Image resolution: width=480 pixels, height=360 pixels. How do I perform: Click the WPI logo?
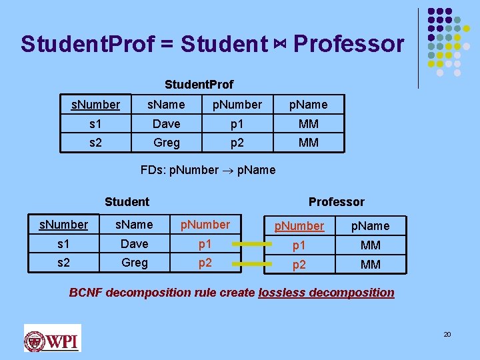pyautogui.click(x=52, y=338)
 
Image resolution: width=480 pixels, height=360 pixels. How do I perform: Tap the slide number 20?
pyautogui.click(x=447, y=334)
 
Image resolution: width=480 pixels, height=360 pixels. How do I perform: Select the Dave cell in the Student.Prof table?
pyautogui.click(x=166, y=123)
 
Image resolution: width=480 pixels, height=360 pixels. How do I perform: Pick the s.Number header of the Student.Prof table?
pyautogui.click(x=95, y=105)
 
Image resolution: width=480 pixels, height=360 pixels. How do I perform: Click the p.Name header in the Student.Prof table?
pyautogui.click(x=308, y=105)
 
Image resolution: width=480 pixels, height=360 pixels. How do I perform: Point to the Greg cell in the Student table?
pyautogui.click(x=134, y=263)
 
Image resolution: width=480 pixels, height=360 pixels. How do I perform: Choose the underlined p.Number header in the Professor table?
pyautogui.click(x=299, y=226)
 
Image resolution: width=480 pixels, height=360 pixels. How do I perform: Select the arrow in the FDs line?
pyautogui.click(x=227, y=170)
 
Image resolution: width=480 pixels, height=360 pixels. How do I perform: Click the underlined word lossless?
pyautogui.click(x=280, y=293)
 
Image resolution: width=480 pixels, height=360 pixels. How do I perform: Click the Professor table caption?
pyautogui.click(x=336, y=201)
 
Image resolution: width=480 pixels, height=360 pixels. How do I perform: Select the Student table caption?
pyautogui.click(x=127, y=201)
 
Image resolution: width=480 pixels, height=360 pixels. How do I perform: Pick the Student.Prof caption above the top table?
pyautogui.click(x=199, y=85)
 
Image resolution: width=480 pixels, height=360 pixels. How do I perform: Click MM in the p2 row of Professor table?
pyautogui.click(x=370, y=265)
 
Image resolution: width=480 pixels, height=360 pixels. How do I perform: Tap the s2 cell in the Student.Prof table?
pyautogui.click(x=95, y=142)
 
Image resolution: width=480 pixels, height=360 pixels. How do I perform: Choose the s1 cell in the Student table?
pyautogui.click(x=63, y=244)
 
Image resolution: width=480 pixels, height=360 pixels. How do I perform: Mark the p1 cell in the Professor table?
pyautogui.click(x=299, y=245)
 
